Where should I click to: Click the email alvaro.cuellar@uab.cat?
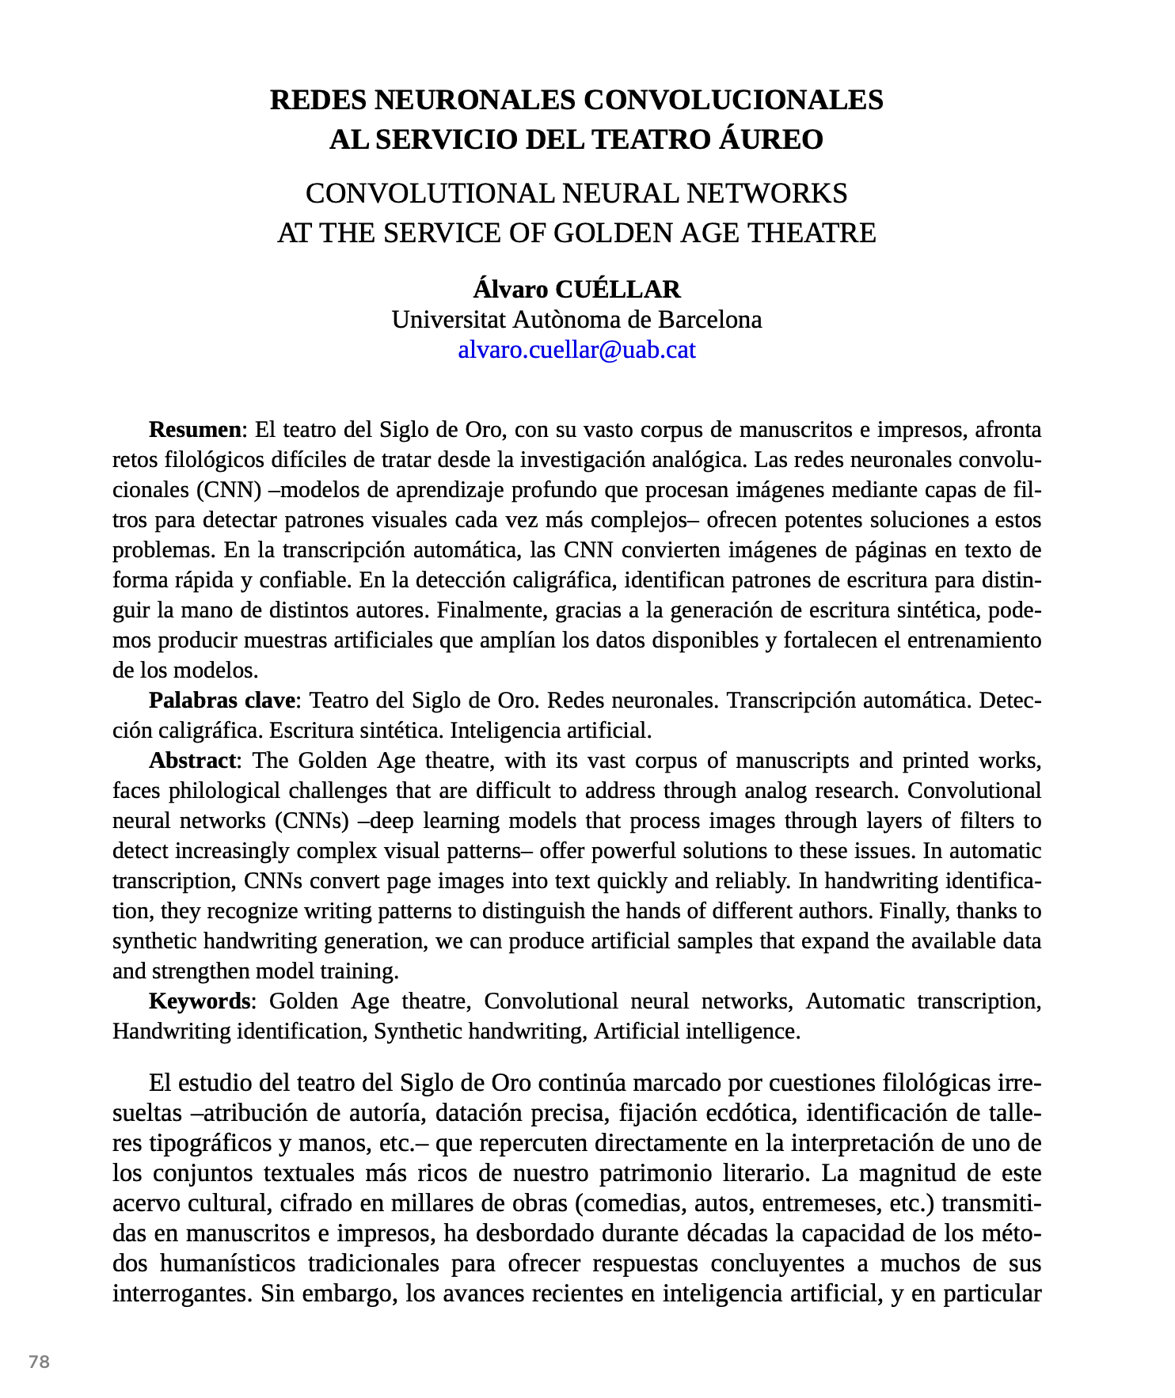point(576,350)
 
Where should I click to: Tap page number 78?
point(39,1362)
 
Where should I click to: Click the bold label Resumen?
point(195,430)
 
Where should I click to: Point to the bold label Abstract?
point(192,761)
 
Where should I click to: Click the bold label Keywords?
point(200,1001)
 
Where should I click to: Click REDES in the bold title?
point(318,101)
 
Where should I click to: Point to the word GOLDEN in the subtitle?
point(603,233)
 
